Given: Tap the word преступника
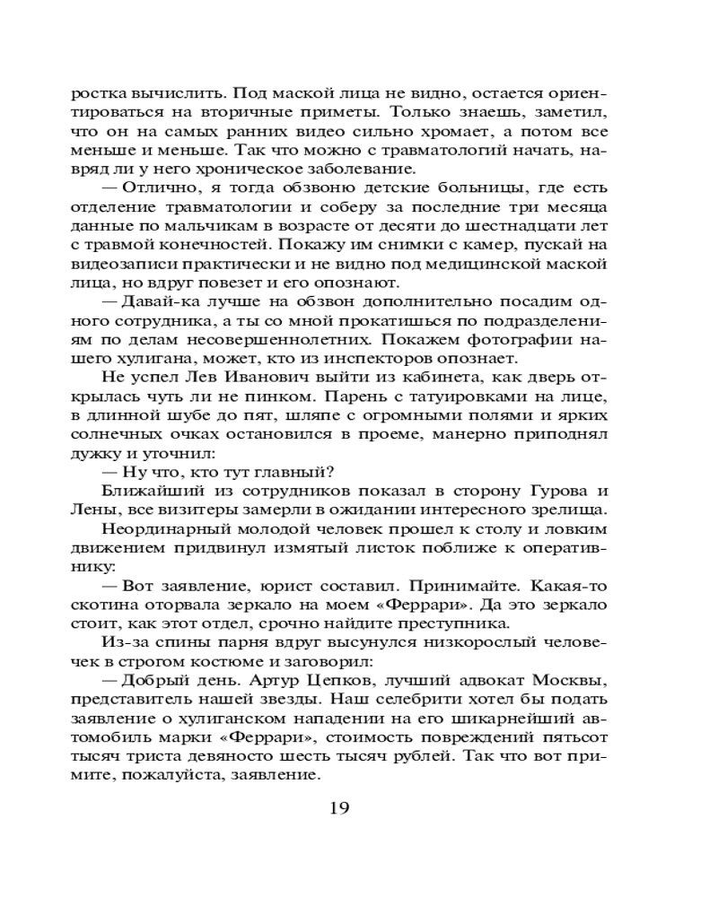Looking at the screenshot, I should [x=460, y=624].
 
